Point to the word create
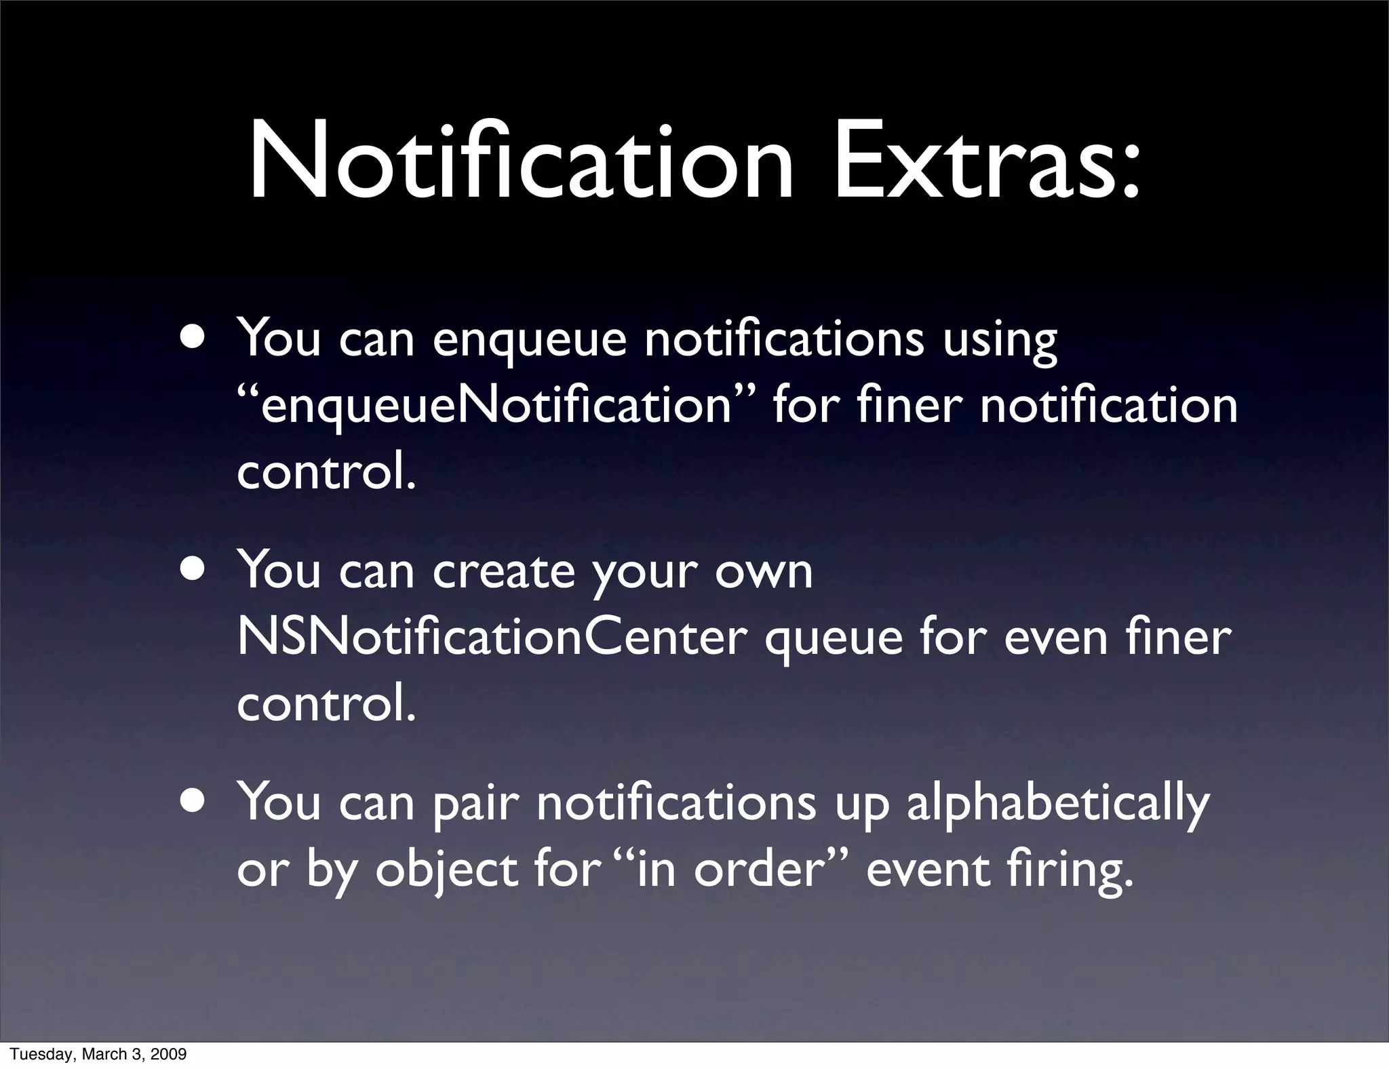click(x=503, y=572)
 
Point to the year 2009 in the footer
click(x=170, y=1055)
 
